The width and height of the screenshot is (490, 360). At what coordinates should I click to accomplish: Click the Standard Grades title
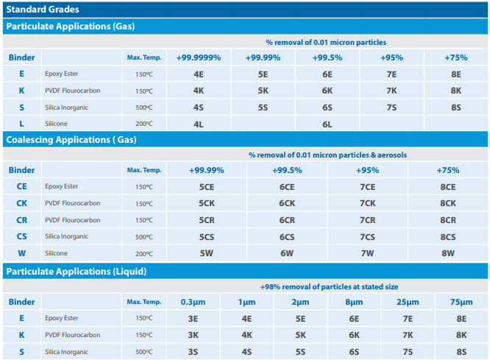(43, 10)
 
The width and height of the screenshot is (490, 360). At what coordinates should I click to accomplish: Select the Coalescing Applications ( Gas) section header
(71, 139)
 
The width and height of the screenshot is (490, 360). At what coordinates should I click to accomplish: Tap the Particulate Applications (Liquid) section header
(76, 271)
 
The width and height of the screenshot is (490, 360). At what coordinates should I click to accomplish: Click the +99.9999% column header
(198, 57)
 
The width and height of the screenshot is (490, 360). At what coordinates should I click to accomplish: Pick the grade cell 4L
(198, 124)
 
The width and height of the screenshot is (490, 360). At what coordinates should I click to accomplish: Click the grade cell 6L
(327, 124)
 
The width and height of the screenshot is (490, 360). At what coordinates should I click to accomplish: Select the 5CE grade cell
(206, 187)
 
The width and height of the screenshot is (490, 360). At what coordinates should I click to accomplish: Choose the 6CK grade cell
(287, 203)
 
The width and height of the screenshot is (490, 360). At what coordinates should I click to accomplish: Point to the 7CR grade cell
(367, 220)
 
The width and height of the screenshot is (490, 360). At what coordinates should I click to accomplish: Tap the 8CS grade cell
(448, 236)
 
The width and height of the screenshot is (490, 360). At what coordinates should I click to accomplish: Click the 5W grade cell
(206, 253)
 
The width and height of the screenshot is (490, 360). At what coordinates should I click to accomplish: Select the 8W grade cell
(448, 253)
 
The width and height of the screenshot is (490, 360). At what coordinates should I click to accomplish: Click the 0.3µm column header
(193, 302)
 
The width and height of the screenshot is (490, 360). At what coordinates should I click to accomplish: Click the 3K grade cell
(193, 335)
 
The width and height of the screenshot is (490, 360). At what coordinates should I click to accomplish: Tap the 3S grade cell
(193, 352)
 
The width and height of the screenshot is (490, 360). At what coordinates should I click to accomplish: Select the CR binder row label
(22, 220)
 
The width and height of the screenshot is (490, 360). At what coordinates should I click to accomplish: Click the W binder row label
(22, 253)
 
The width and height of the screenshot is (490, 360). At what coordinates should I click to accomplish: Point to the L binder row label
(22, 124)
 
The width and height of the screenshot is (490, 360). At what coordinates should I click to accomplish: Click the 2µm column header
(300, 302)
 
